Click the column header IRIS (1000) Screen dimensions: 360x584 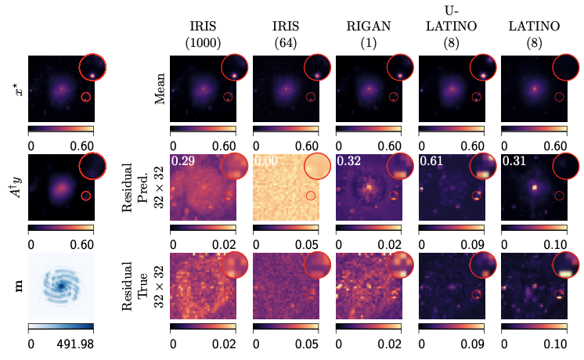(x=203, y=35)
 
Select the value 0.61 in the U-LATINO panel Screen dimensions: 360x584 (x=431, y=162)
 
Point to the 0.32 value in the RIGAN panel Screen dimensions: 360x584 (x=348, y=162)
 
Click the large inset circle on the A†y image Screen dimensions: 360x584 (x=94, y=166)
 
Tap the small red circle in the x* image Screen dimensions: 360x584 (x=86, y=97)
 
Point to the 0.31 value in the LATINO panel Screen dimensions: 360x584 (x=514, y=162)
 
